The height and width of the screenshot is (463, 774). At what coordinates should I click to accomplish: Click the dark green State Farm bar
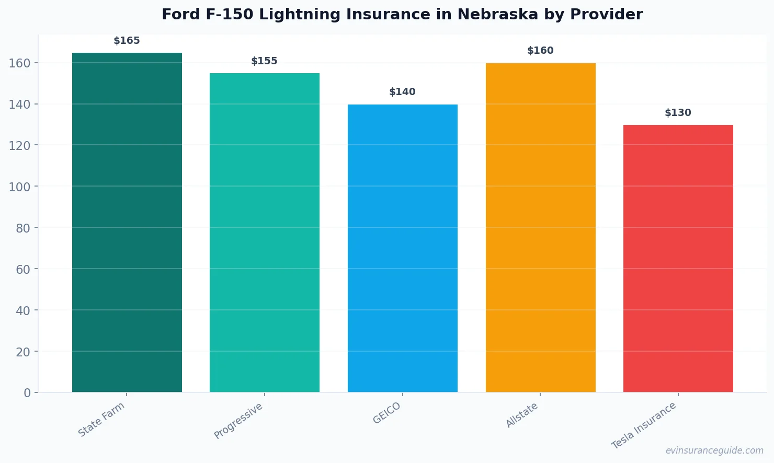point(127,222)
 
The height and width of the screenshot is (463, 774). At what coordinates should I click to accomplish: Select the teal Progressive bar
point(265,233)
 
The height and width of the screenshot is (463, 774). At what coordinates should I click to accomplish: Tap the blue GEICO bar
point(403,248)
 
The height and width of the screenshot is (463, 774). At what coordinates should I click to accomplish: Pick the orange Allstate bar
point(540,227)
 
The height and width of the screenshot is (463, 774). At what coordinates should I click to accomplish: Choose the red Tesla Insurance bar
point(678,259)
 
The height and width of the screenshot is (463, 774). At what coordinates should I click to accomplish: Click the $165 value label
point(127,41)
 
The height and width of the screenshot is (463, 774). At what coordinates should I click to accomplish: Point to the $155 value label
point(264,61)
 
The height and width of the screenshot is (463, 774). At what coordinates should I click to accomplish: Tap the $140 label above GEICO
point(402,92)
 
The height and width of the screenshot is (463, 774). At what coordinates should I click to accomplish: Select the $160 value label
point(540,51)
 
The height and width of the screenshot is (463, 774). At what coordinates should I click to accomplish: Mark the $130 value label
point(678,113)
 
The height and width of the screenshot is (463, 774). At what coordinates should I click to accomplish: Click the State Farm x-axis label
point(101,419)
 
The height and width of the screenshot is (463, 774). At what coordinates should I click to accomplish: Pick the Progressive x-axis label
point(238,421)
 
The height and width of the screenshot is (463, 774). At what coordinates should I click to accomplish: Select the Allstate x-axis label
point(522,415)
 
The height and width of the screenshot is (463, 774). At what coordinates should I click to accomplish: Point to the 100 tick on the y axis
point(19,187)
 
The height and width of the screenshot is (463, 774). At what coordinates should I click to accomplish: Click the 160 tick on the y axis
point(19,63)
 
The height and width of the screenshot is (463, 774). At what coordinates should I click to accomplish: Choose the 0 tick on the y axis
point(27,393)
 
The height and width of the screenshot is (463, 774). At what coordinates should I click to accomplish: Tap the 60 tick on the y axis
point(23,270)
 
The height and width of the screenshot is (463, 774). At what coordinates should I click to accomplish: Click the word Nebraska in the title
point(498,15)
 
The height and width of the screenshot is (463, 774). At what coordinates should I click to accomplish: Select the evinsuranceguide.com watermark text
point(714,450)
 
